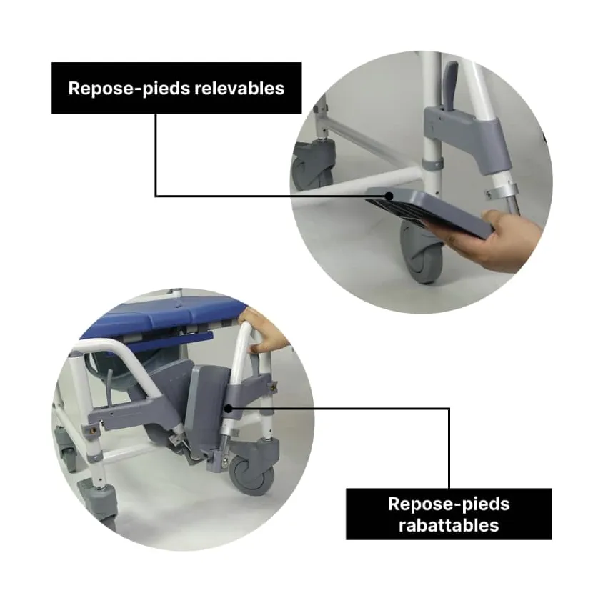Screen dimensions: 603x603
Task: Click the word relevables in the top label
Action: tap(239, 88)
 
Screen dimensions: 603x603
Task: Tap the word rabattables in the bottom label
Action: tap(449, 525)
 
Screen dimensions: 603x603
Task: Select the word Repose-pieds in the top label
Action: tap(129, 89)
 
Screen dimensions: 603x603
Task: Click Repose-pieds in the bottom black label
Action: tap(449, 504)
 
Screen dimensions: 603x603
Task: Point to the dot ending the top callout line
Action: tap(389, 196)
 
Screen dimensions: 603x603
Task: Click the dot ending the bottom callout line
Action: tap(228, 409)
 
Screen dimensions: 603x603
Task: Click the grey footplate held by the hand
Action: tap(429, 211)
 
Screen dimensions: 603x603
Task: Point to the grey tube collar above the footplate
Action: tap(432, 164)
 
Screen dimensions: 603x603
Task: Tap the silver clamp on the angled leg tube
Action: tap(502, 191)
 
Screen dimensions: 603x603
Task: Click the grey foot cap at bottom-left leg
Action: tap(98, 498)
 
